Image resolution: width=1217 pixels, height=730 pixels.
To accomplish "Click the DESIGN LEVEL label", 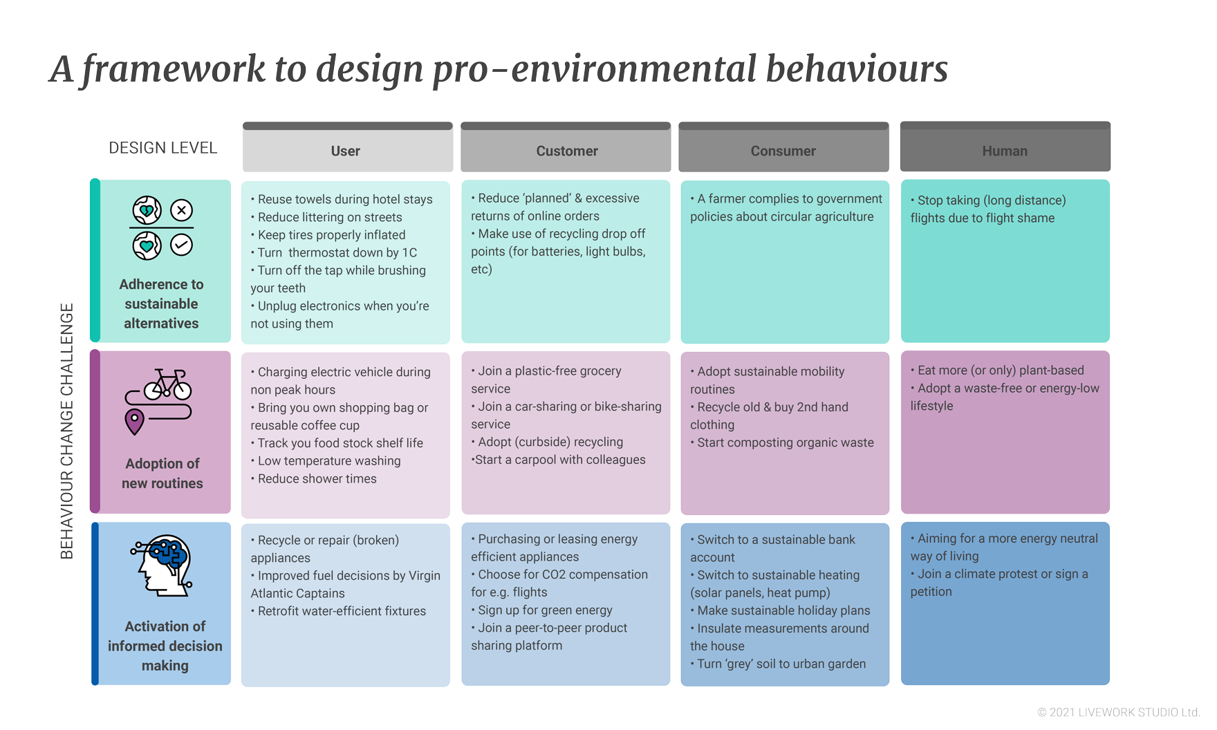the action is coord(163,148).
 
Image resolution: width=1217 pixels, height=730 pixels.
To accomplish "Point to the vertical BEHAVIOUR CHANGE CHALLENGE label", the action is coord(67,431).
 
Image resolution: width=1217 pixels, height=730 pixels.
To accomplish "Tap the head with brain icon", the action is coord(162,565).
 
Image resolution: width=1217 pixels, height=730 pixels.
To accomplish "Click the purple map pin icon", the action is coord(134,422).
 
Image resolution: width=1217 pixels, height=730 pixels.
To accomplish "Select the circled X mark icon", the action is coord(182,210).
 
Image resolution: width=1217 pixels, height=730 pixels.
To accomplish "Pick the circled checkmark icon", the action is coord(182,245).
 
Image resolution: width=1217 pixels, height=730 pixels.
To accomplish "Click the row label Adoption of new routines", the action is coord(162,474).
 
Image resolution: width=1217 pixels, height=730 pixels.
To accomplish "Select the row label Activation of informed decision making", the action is coord(165,646).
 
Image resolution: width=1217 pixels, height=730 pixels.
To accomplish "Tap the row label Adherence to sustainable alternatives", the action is coord(161,303).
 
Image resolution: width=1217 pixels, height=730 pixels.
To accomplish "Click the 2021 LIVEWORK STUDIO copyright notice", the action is coord(1118,712).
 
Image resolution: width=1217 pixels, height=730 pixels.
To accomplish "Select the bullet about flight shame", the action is coord(989,209).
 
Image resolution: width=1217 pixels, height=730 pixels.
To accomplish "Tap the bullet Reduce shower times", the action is coord(314,478).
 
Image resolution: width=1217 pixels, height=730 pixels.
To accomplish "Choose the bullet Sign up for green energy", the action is coord(542,610).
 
